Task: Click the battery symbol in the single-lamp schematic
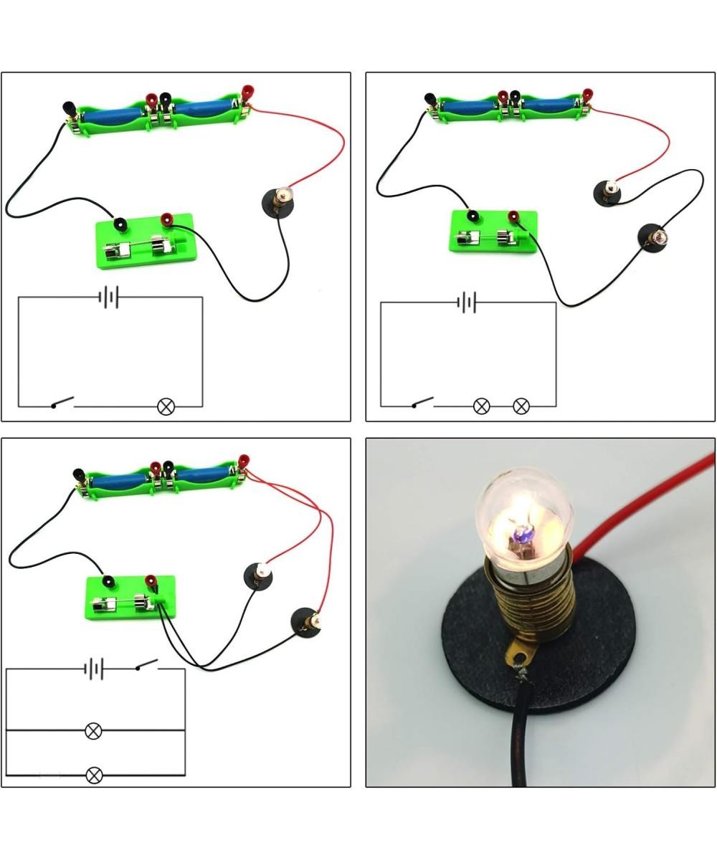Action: [x=108, y=297]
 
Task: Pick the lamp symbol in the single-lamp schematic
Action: [x=166, y=406]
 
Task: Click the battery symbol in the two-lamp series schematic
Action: [x=467, y=302]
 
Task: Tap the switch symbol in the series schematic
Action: [x=423, y=403]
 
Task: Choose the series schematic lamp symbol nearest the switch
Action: [x=481, y=406]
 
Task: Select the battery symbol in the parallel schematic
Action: [x=94, y=669]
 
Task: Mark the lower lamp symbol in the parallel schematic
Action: [x=93, y=775]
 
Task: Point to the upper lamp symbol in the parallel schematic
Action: [x=93, y=731]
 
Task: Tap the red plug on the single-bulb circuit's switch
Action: [x=166, y=218]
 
